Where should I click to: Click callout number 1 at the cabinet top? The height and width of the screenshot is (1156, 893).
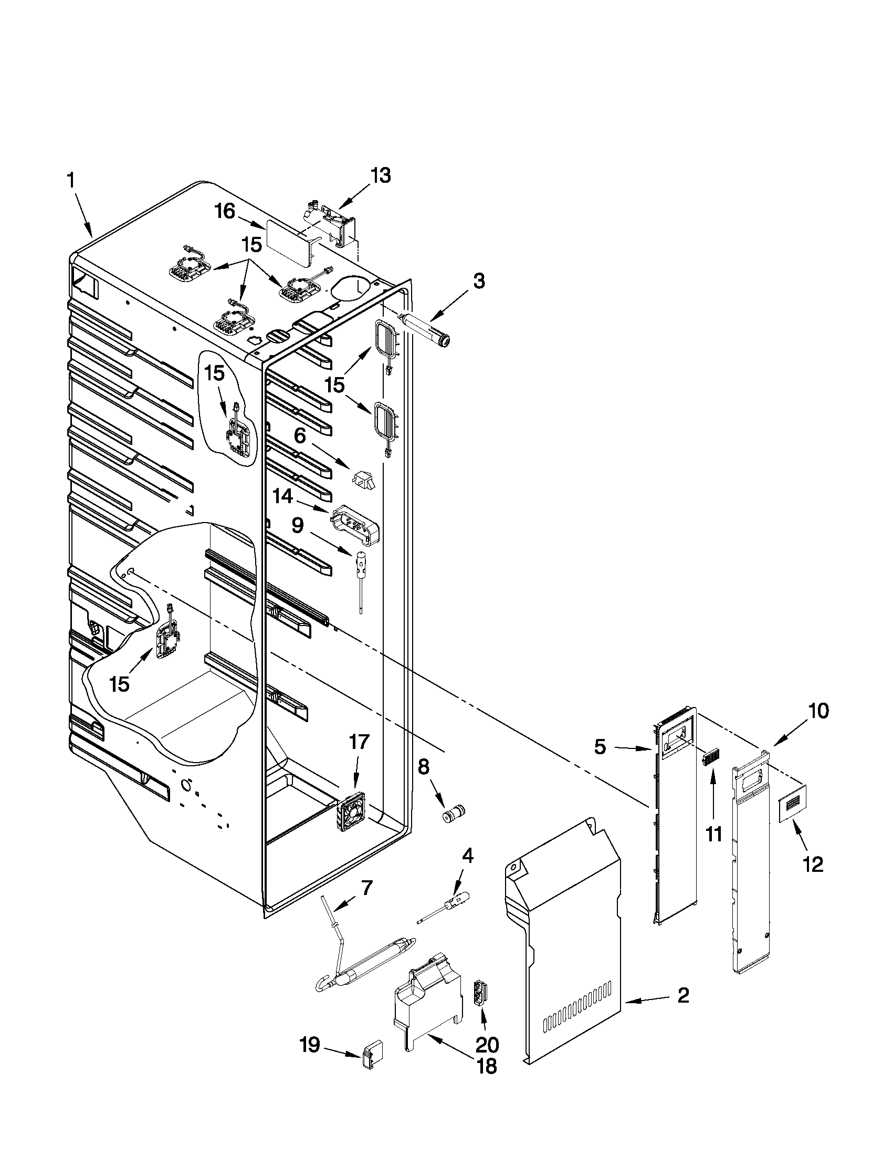tap(70, 181)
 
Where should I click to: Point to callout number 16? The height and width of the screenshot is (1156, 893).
tap(224, 212)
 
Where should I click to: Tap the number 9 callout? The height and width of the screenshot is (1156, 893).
tap(297, 525)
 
